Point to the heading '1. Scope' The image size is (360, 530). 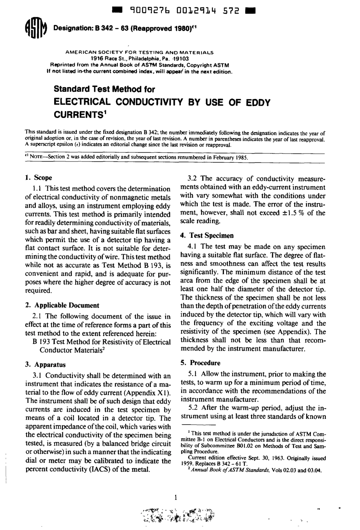38,177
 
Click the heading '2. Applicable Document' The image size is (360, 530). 62,305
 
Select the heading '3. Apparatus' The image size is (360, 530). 45,365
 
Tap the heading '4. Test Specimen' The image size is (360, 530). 207,235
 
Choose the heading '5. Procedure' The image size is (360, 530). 200,362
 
